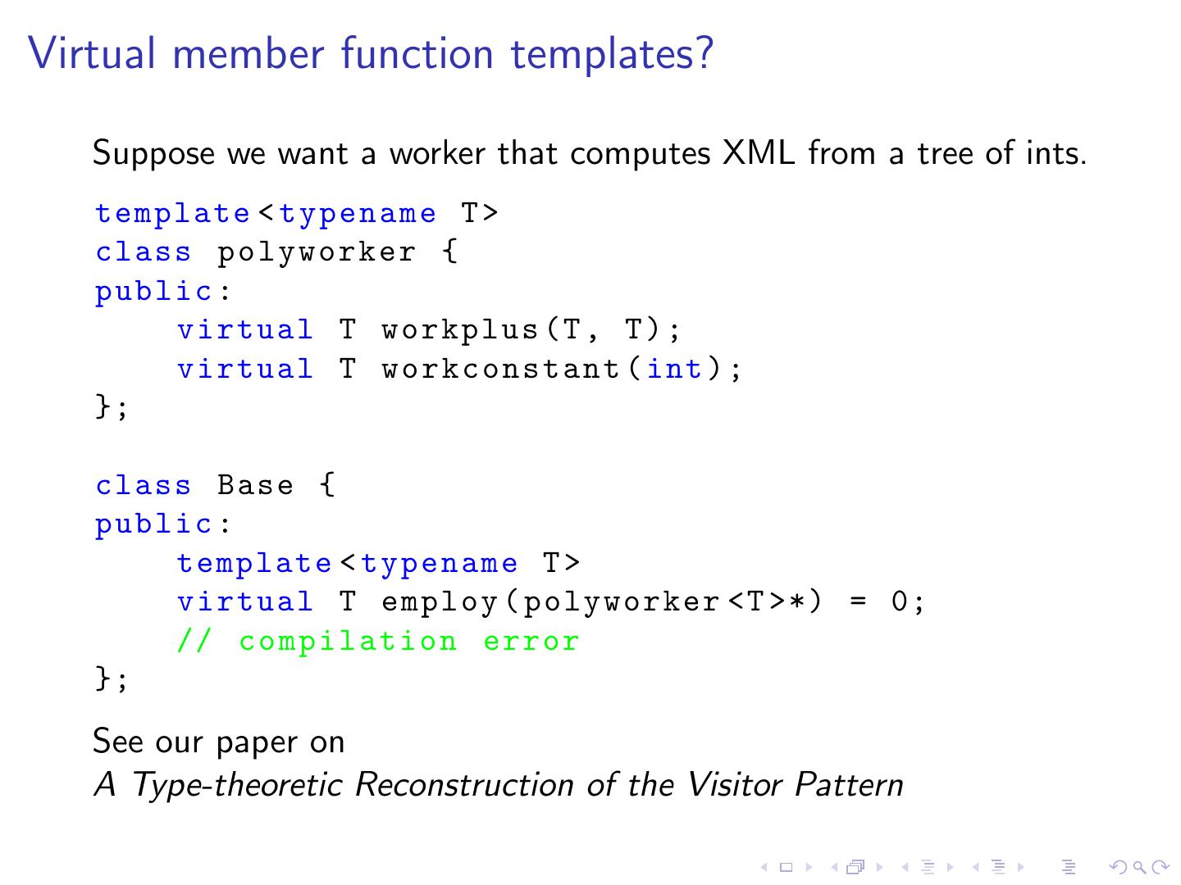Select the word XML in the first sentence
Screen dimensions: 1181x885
(758, 153)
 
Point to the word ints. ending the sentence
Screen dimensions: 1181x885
(1056, 153)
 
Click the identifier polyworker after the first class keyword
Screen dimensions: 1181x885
(317, 252)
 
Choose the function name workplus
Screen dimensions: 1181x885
(459, 330)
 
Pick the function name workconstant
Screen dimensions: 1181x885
(500, 369)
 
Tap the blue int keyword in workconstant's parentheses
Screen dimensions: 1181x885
(675, 369)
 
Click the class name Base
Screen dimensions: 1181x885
(255, 485)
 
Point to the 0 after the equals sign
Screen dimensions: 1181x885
(900, 602)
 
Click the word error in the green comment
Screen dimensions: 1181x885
(531, 641)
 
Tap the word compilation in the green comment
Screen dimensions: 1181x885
(348, 642)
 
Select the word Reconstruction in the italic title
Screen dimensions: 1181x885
(464, 785)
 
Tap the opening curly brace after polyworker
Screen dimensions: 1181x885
(449, 252)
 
